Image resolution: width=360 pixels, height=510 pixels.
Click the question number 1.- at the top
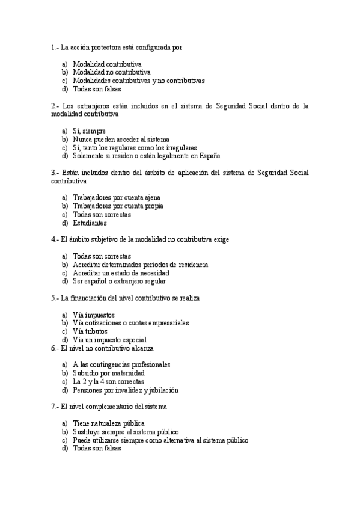pyautogui.click(x=55, y=46)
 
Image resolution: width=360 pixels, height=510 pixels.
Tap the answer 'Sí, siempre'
pyautogui.click(x=89, y=131)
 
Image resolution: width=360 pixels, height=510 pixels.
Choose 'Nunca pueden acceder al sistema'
pyautogui.click(x=121, y=139)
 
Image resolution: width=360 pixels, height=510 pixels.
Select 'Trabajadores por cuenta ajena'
pyautogui.click(x=116, y=197)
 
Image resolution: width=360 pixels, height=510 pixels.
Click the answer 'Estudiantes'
pyautogui.click(x=90, y=223)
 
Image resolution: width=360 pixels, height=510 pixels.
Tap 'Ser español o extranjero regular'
pyautogui.click(x=119, y=281)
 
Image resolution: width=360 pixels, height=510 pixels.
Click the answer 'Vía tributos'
pyautogui.click(x=90, y=331)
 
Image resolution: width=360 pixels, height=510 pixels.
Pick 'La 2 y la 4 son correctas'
pyautogui.click(x=108, y=381)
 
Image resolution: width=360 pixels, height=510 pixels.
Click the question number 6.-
pyautogui.click(x=55, y=348)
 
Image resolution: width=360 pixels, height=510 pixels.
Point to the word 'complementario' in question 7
pyautogui.click(x=107, y=407)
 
